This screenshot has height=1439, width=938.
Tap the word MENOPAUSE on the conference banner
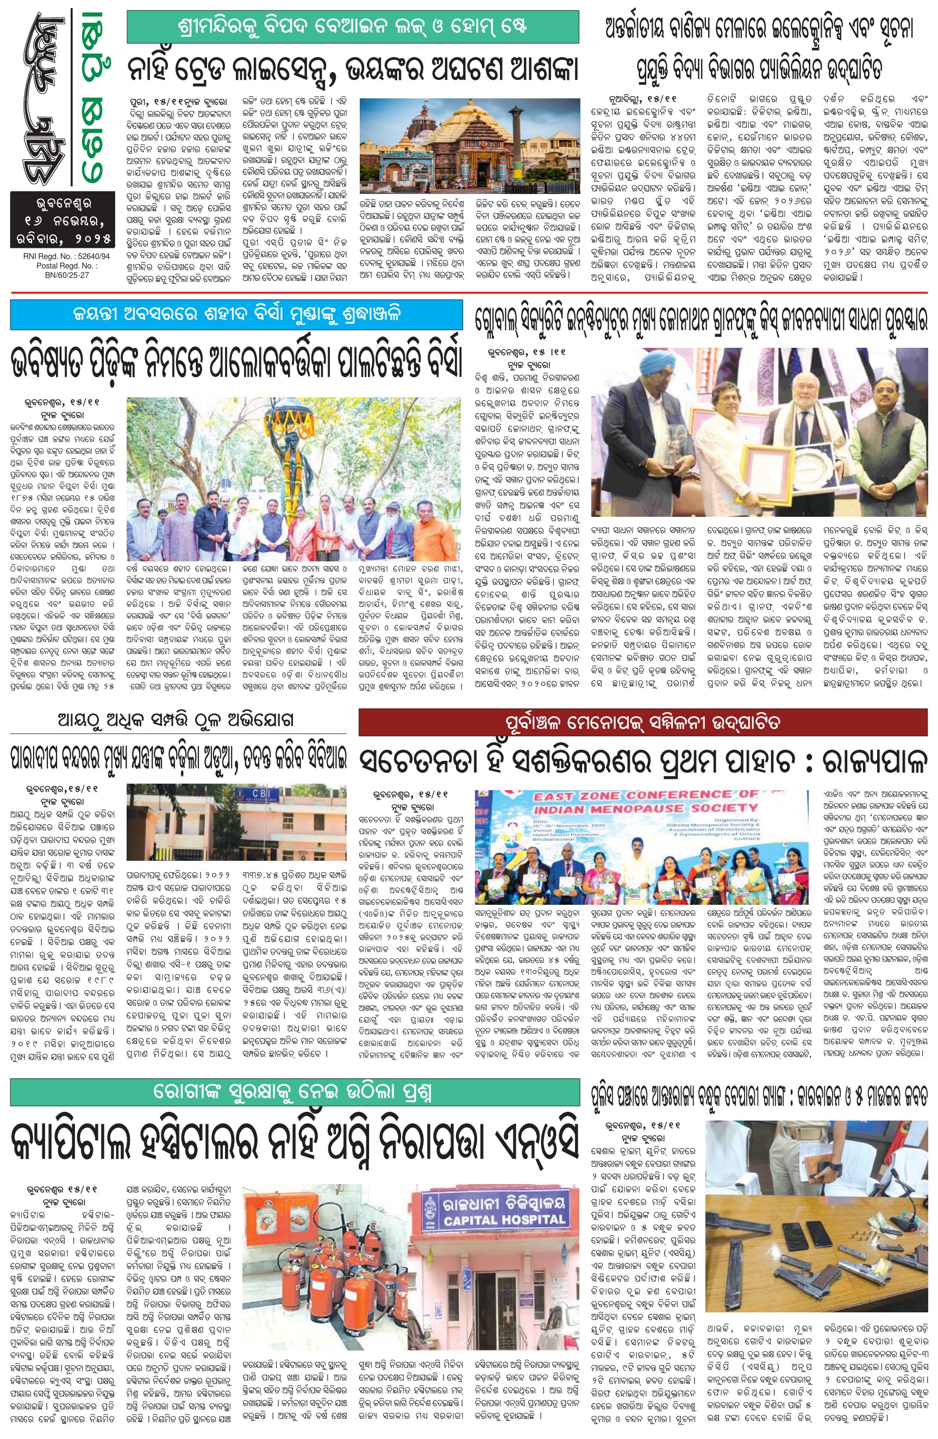(646, 808)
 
